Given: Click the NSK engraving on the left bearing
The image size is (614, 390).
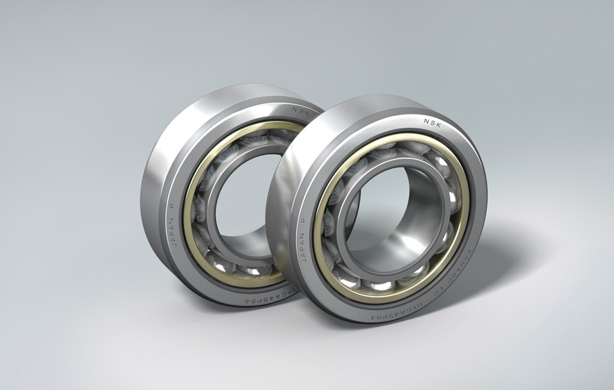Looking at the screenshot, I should (x=301, y=109).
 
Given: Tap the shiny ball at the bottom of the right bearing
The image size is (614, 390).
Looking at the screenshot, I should (x=383, y=285).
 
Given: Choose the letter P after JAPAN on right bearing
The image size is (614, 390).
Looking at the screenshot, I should (x=303, y=219).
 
